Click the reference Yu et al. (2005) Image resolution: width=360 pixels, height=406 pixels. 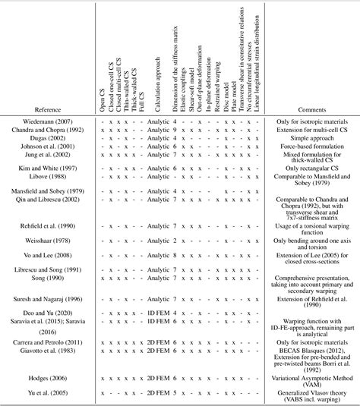click(69, 393)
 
